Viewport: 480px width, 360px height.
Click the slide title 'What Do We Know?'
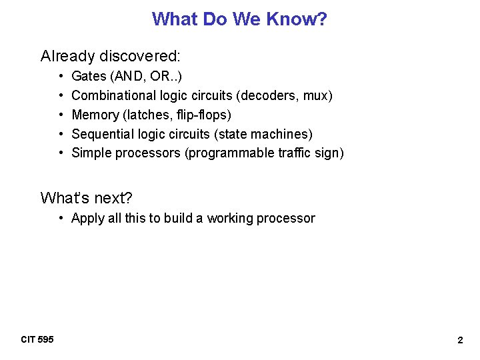239,19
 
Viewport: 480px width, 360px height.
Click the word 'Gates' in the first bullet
88,77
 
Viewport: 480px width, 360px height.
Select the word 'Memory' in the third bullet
94,115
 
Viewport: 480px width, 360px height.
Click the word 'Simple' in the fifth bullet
91,153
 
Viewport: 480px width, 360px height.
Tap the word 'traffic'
293,153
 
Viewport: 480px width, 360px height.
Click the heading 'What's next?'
87,197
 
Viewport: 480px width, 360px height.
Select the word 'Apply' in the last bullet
87,218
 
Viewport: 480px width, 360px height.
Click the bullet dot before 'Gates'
61,77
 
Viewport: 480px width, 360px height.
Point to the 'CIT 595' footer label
37,340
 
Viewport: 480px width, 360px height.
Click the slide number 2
460,340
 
